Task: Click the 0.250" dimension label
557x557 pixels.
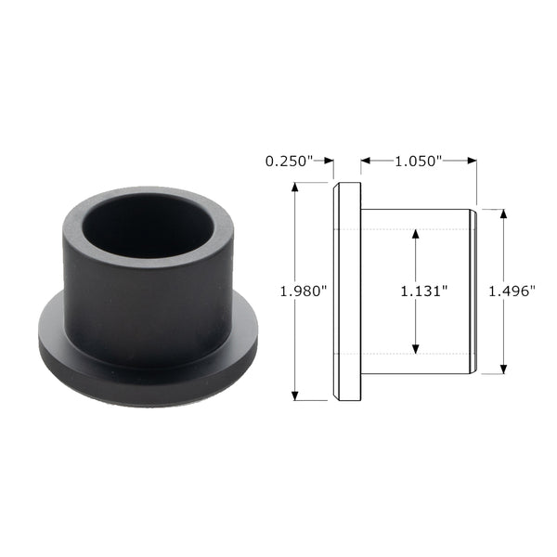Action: (x=289, y=162)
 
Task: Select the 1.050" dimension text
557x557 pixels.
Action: (x=419, y=162)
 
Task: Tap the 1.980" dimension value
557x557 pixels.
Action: (x=304, y=291)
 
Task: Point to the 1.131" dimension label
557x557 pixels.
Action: (x=424, y=291)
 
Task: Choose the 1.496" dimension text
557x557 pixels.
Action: (x=512, y=291)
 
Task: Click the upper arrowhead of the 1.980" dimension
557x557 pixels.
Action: (x=294, y=188)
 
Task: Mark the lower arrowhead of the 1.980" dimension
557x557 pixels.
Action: (x=294, y=395)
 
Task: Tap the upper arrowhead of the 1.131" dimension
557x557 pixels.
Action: (x=415, y=235)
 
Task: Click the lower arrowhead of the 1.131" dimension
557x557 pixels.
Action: (x=415, y=349)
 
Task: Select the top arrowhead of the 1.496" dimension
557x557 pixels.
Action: (x=503, y=214)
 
